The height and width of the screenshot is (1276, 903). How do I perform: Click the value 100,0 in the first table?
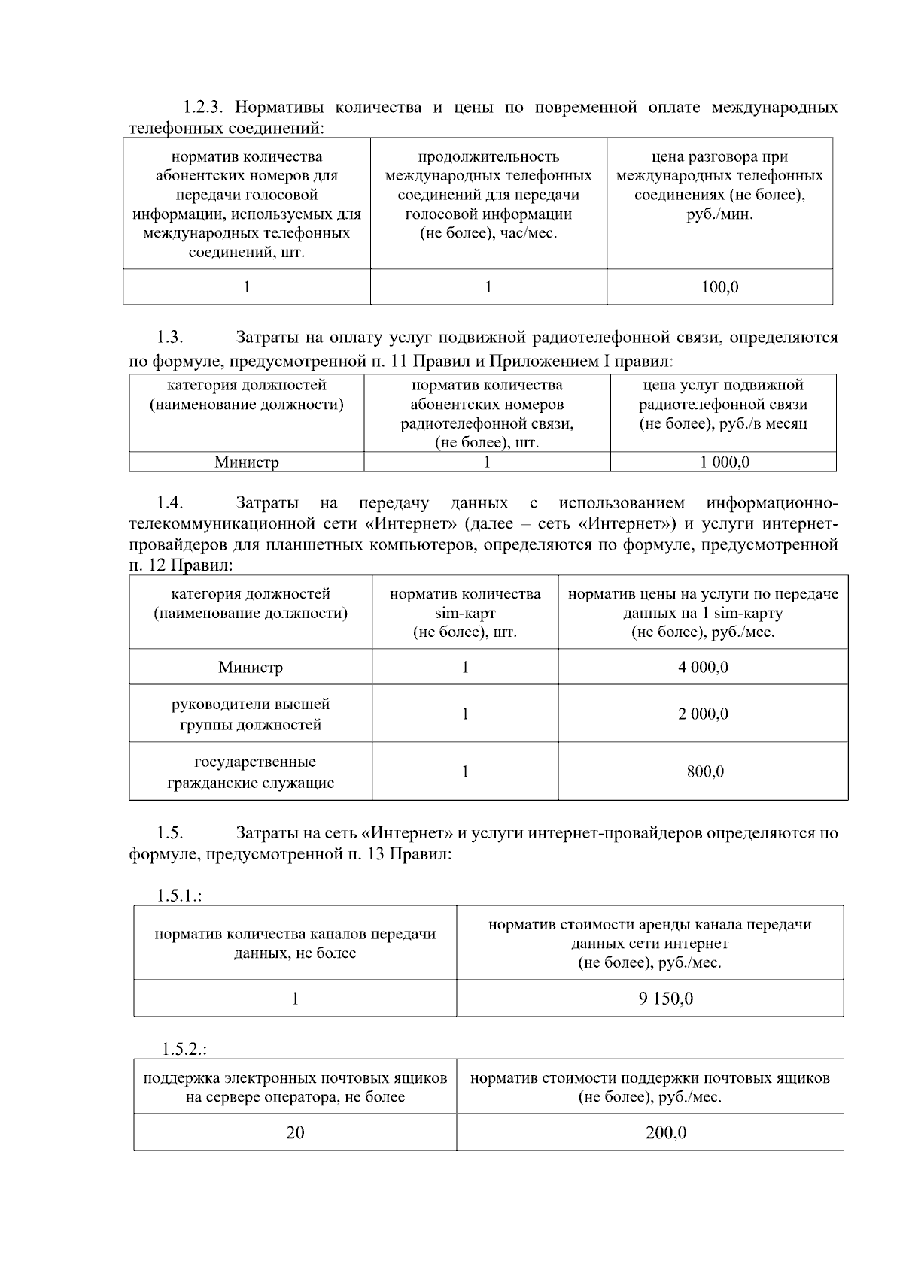pyautogui.click(x=719, y=287)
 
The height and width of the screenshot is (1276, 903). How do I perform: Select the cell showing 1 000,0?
pyautogui.click(x=724, y=462)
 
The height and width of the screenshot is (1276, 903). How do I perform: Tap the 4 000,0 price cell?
pyautogui.click(x=703, y=667)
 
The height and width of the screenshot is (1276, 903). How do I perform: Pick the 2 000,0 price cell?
pyautogui.click(x=703, y=714)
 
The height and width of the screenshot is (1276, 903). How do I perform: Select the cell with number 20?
pyautogui.click(x=295, y=1132)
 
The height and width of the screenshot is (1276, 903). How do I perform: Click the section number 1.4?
pyautogui.click(x=170, y=503)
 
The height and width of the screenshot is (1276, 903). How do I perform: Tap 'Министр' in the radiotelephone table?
pyautogui.click(x=246, y=462)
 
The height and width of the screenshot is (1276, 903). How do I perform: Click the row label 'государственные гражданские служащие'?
pyautogui.click(x=251, y=772)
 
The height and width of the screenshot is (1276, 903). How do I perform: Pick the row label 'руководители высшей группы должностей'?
pyautogui.click(x=251, y=714)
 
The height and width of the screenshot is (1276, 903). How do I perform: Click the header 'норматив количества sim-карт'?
pyautogui.click(x=465, y=613)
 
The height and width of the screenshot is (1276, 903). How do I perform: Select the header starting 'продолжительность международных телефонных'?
pyautogui.click(x=488, y=195)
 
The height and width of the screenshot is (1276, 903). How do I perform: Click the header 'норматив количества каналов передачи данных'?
pyautogui.click(x=295, y=944)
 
